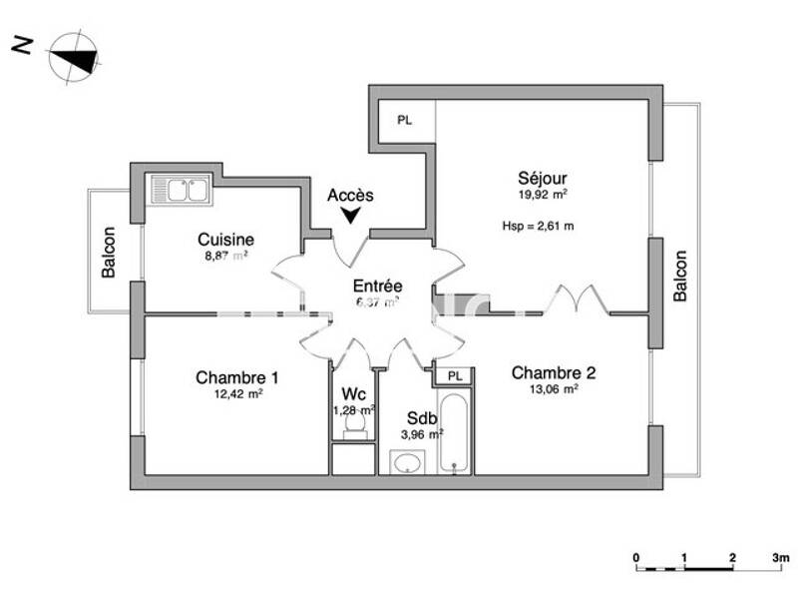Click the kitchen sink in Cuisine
coord(180,189)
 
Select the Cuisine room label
coord(225,240)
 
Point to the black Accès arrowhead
coord(350,215)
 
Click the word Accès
coord(350,196)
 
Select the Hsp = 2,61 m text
coord(538,226)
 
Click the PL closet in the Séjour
coord(404,120)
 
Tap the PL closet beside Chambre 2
coord(455,376)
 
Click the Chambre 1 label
coord(236,377)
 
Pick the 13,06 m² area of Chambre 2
coord(554,390)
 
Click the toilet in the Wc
coord(353,424)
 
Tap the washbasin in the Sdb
coord(407,462)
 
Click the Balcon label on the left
coord(109,254)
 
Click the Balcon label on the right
coord(680,276)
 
